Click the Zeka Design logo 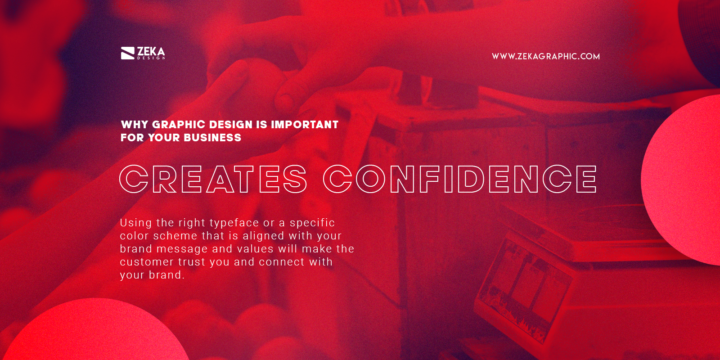pyautogui.click(x=143, y=53)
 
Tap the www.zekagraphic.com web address pyautogui.click(x=545, y=56)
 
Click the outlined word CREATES pyautogui.click(x=213, y=179)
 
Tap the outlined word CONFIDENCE pyautogui.click(x=460, y=179)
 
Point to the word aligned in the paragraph pyautogui.click(x=263, y=236)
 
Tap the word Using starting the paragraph pyautogui.click(x=136, y=223)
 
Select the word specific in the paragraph pyautogui.click(x=312, y=223)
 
